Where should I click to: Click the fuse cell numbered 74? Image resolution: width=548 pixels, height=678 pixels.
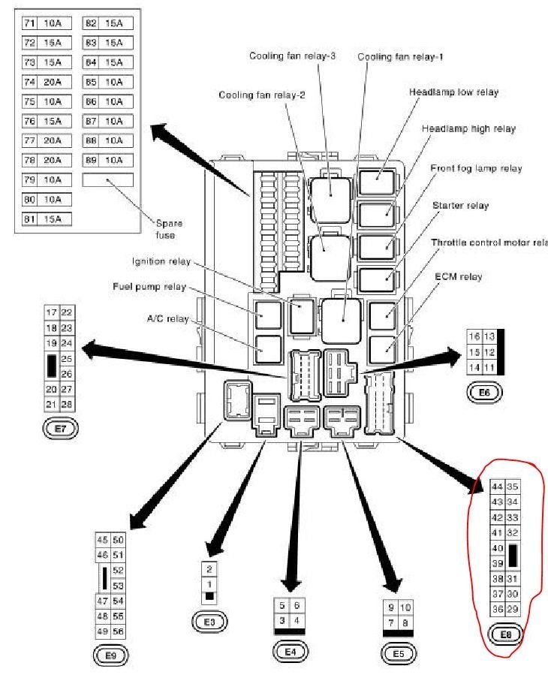click(x=30, y=82)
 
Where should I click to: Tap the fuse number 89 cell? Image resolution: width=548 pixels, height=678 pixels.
click(x=90, y=160)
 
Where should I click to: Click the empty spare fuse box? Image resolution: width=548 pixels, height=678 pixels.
click(x=107, y=179)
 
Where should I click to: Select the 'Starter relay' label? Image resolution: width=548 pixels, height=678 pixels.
click(x=460, y=205)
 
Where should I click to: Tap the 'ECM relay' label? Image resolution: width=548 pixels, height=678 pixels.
click(x=458, y=277)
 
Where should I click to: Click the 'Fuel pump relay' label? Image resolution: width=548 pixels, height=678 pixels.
click(x=149, y=287)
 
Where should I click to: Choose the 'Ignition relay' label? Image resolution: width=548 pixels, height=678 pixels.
click(x=160, y=262)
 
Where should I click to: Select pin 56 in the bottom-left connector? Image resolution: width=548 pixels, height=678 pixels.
click(x=118, y=631)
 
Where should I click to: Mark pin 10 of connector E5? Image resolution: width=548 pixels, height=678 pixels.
click(x=405, y=607)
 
